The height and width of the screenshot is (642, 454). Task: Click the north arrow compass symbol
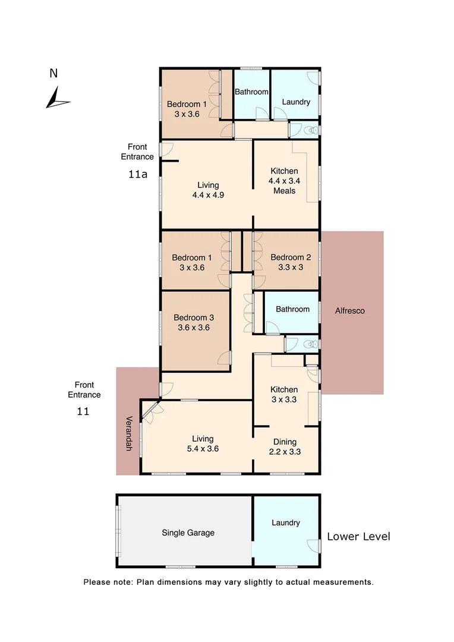click(x=57, y=97)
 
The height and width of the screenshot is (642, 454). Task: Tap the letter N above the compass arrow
click(x=53, y=74)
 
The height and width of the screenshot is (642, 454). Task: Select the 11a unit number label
click(x=138, y=175)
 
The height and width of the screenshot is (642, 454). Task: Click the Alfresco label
click(x=350, y=310)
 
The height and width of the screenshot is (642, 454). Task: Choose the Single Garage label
click(x=188, y=533)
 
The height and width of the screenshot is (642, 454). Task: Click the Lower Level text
click(x=358, y=537)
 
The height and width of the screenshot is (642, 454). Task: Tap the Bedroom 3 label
click(x=195, y=318)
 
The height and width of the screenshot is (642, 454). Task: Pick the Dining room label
click(x=285, y=442)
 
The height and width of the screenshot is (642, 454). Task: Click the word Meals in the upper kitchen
click(x=284, y=191)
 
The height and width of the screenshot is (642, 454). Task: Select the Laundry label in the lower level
click(x=285, y=523)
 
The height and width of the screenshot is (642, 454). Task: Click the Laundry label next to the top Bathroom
click(x=295, y=102)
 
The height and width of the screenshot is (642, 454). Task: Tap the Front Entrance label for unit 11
click(x=84, y=390)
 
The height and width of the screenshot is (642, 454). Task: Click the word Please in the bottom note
click(x=97, y=582)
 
